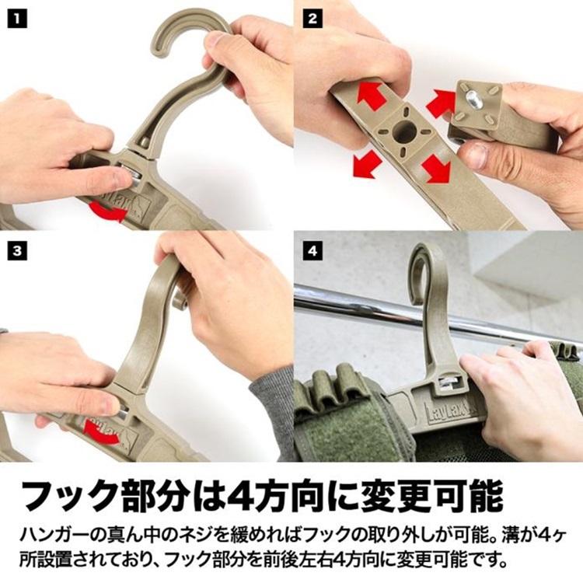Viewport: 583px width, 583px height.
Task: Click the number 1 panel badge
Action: pyautogui.click(x=17, y=18)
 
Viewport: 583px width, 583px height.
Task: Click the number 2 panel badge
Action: pyautogui.click(x=312, y=18)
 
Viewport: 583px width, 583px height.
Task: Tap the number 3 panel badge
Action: pyautogui.click(x=17, y=250)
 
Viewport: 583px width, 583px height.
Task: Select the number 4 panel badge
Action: pyautogui.click(x=312, y=250)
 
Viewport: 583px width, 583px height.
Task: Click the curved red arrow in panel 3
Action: pyautogui.click(x=100, y=432)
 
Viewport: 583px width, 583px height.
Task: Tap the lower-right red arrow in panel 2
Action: pyautogui.click(x=436, y=168)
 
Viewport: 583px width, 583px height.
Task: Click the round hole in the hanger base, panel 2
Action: pyautogui.click(x=404, y=131)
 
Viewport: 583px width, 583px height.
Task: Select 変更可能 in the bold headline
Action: pyautogui.click(x=431, y=497)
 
